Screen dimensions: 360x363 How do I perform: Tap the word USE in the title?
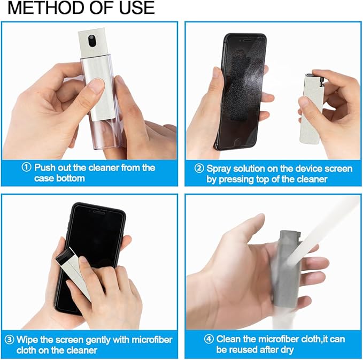coord(134,8)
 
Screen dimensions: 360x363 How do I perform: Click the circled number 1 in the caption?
coord(27,167)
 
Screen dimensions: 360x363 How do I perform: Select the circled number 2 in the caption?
coord(199,168)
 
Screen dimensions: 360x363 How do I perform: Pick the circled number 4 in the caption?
coord(209,339)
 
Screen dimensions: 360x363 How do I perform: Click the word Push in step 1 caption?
coord(45,167)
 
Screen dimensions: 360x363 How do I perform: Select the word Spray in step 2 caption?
coord(219,168)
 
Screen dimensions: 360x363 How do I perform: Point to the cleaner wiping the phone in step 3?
coord(72,273)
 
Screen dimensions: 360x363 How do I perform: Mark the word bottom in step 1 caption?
coord(71,178)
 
